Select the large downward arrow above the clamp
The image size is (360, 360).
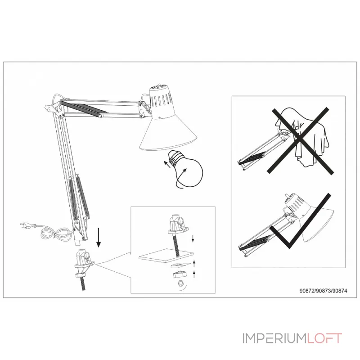[99, 238]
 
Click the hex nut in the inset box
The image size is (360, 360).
[179, 284]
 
